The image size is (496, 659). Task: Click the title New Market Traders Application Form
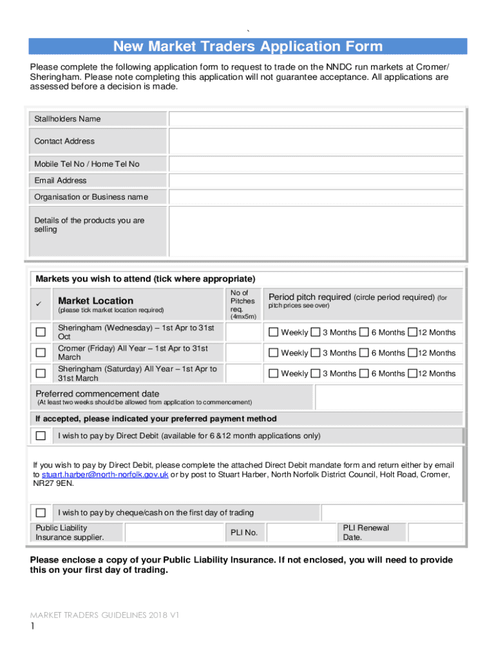tap(248, 46)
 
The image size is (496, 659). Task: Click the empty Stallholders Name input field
tap(316, 119)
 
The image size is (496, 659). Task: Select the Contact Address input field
tap(316, 141)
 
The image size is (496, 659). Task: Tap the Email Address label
tap(61, 181)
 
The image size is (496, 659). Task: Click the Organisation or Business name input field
tap(316, 197)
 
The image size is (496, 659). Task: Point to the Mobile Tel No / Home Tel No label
tap(87, 164)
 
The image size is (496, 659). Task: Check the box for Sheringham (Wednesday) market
tap(41, 332)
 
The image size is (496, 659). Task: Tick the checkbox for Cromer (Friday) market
tap(41, 353)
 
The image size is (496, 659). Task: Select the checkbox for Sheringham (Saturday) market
tap(41, 373)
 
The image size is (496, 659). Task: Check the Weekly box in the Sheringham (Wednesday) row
tap(273, 332)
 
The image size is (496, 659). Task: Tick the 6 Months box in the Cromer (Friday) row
tap(364, 353)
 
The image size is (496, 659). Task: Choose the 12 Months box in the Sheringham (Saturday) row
tap(412, 373)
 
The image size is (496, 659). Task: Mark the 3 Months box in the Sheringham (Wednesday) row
tap(316, 332)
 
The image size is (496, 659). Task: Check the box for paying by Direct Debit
tap(41, 436)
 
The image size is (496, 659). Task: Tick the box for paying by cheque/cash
tap(41, 513)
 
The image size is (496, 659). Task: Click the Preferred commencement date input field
tap(388, 397)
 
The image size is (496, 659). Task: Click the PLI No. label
tap(244, 533)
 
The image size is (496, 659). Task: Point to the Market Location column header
tap(96, 301)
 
